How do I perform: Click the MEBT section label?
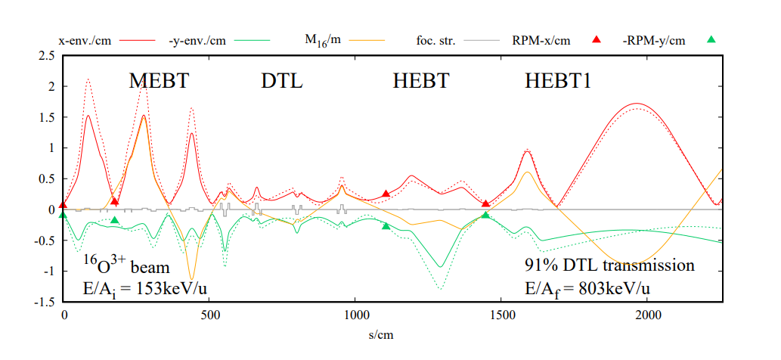[159, 82]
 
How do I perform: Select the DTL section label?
[282, 82]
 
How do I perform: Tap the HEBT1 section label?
[558, 82]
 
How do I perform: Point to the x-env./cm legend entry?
[85, 40]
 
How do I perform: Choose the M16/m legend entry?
[323, 41]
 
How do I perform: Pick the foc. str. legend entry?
[435, 40]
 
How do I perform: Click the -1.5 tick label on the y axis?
[46, 302]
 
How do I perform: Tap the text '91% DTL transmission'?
[609, 265]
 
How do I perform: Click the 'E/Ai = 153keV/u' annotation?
[130, 287]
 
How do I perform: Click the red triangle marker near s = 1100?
[386, 194]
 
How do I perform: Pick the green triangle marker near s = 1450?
[485, 216]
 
